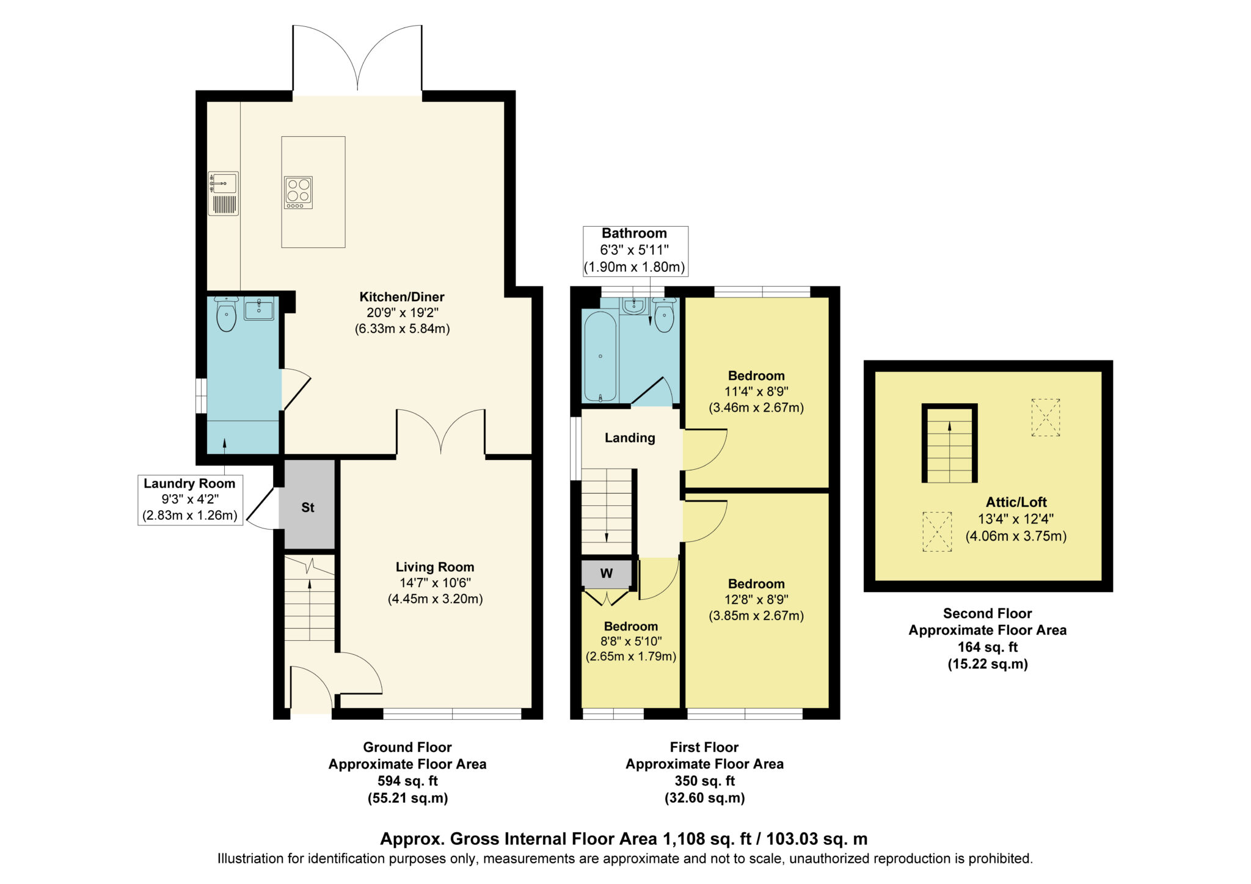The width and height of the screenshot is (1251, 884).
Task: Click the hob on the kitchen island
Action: pyautogui.click(x=298, y=192)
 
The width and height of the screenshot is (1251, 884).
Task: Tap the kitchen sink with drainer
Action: pyautogui.click(x=223, y=194)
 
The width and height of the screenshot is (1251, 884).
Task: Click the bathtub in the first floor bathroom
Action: pyautogui.click(x=600, y=356)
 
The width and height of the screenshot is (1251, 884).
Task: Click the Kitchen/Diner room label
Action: pyautogui.click(x=402, y=297)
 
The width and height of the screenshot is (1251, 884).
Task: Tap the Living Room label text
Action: pyautogui.click(x=435, y=567)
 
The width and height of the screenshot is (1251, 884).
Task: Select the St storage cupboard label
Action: pyautogui.click(x=308, y=507)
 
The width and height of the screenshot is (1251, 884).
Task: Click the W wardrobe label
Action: pyautogui.click(x=607, y=573)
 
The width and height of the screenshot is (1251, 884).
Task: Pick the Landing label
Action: pyautogui.click(x=630, y=437)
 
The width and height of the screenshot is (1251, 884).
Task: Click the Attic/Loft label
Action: pyautogui.click(x=1016, y=502)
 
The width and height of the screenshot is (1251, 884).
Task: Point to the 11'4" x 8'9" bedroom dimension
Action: pyautogui.click(x=756, y=392)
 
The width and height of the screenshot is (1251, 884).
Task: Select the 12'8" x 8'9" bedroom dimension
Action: pyautogui.click(x=756, y=599)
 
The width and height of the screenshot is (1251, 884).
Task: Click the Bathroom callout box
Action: pyautogui.click(x=635, y=250)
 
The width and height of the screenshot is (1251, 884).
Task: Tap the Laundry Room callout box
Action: pyautogui.click(x=190, y=500)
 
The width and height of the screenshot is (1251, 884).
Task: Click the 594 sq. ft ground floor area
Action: pyautogui.click(x=407, y=781)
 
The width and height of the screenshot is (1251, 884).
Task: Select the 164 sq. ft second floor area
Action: pyautogui.click(x=988, y=647)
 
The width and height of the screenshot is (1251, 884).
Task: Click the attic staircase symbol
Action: pyautogui.click(x=949, y=444)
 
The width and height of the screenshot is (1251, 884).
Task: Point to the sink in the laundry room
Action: pyautogui.click(x=259, y=309)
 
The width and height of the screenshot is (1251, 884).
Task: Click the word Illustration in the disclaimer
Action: pyautogui.click(x=250, y=858)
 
